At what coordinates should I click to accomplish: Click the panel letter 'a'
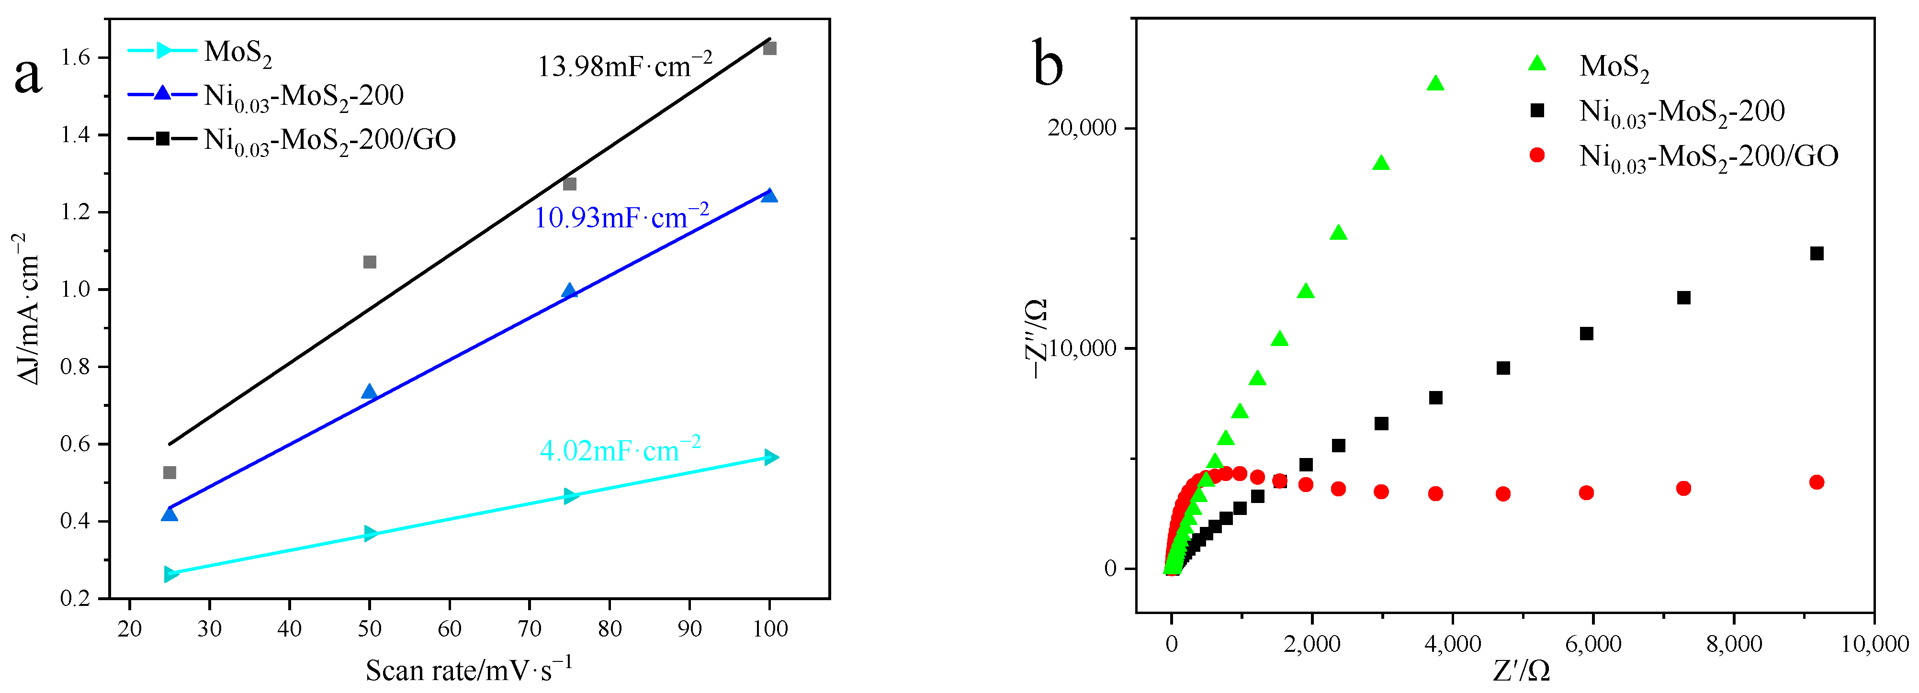[28, 77]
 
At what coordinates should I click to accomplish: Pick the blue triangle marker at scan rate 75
[570, 291]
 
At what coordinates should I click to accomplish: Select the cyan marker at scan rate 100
[771, 457]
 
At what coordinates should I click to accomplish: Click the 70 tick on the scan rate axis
[529, 629]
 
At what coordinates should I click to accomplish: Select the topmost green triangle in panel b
[1435, 83]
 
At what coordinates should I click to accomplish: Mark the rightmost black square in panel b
[1816, 254]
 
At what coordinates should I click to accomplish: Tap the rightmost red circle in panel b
[1816, 482]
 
